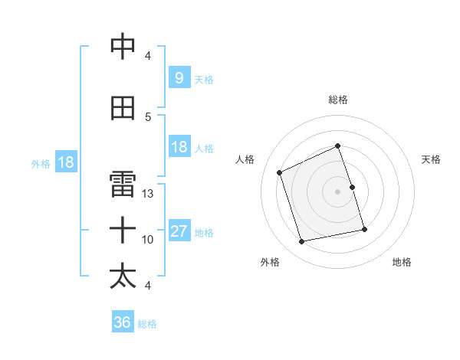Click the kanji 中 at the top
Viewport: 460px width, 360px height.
[x=123, y=47]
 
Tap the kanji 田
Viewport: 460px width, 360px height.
[x=123, y=108]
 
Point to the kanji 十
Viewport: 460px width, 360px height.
[x=123, y=229]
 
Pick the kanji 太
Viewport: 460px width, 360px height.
[x=123, y=276]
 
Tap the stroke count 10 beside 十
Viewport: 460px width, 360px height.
[x=148, y=240]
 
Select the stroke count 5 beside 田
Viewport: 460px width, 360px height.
[x=148, y=116]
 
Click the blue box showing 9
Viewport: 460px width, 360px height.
[x=179, y=77]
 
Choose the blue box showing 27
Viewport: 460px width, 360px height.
[x=179, y=231]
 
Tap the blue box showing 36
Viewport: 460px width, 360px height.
[x=122, y=322]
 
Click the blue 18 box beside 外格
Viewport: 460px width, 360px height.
[x=64, y=162]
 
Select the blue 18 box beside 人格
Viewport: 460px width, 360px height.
[x=179, y=147]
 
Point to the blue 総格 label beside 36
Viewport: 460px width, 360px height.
[x=147, y=324]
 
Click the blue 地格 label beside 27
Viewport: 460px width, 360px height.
[x=204, y=233]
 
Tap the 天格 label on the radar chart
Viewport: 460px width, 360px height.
[x=431, y=159]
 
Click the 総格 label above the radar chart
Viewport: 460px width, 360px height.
[x=337, y=100]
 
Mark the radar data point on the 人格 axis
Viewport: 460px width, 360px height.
[x=280, y=172]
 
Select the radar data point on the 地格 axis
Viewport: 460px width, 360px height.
[x=364, y=230]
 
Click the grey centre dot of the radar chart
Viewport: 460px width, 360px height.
[x=337, y=191]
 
